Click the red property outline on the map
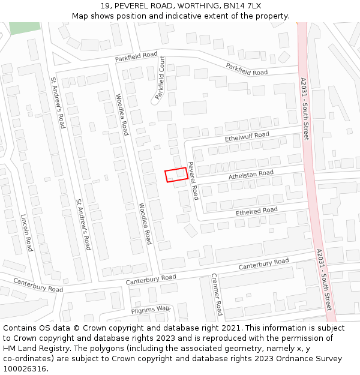[176, 175]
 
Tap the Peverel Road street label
[193, 181]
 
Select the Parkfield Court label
[161, 77]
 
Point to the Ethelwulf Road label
[247, 137]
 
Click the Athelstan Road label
[251, 175]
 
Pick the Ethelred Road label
[256, 211]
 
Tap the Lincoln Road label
[26, 233]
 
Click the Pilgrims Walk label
[151, 310]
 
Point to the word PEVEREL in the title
[133, 5]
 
